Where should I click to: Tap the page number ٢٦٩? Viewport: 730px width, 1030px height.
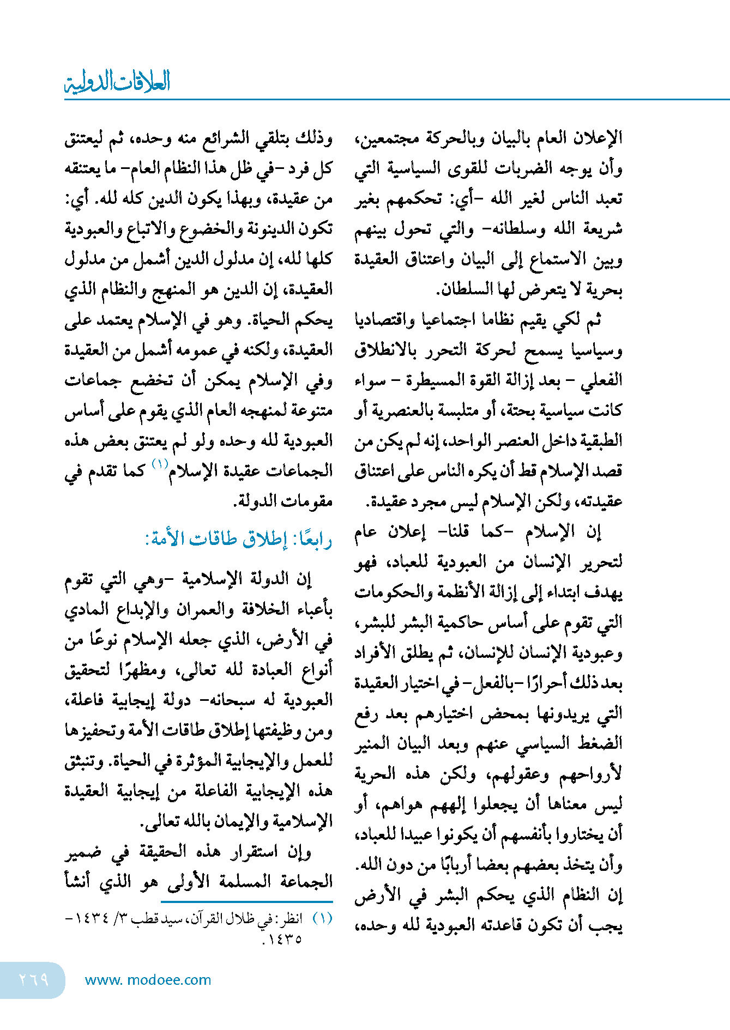[x=34, y=979]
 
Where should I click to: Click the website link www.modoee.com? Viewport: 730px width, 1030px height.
[x=148, y=980]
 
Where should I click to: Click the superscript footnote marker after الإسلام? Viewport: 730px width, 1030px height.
[x=160, y=464]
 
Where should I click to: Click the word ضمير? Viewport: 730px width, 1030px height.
[x=83, y=852]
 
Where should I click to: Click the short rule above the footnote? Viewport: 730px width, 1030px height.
[x=198, y=902]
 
